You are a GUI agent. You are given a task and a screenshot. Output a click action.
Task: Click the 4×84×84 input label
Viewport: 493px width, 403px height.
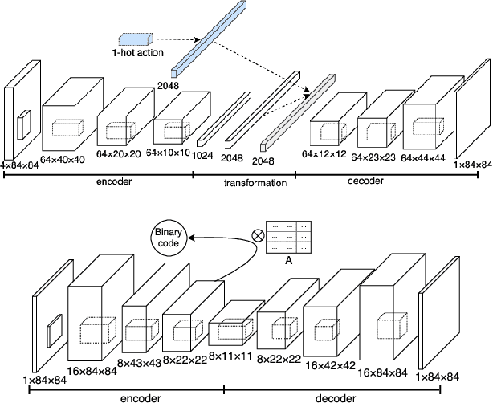(x=19, y=165)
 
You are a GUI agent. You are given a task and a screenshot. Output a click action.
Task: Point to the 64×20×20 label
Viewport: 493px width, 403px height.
(x=120, y=153)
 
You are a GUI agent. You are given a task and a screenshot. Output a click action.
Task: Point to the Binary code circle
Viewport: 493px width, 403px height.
(x=170, y=238)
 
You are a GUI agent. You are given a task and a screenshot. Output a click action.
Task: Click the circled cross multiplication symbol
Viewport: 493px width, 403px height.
(x=259, y=236)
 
